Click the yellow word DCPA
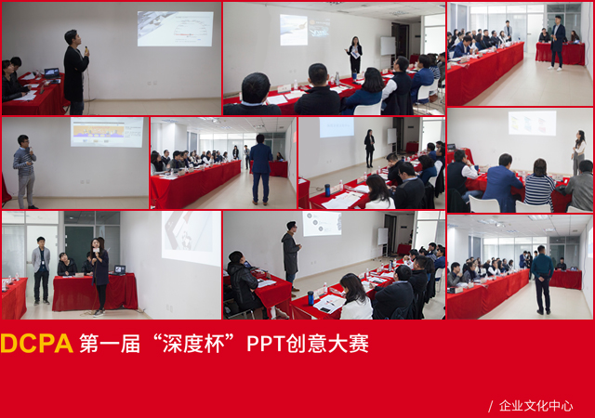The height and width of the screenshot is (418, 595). point(37,344)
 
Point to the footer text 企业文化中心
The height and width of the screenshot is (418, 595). point(535,406)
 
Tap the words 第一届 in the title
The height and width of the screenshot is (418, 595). point(110,344)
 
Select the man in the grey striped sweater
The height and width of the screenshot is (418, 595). point(25,172)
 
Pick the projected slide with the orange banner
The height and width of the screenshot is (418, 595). point(107,132)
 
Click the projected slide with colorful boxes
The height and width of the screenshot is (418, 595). point(532,123)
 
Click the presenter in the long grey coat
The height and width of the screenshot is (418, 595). point(291,255)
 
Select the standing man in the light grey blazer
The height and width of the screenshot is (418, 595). point(41,270)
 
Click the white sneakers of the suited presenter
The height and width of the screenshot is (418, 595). point(554,69)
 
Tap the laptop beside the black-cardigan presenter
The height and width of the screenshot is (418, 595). point(52,73)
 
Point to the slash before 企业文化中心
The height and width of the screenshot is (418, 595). point(491,406)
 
